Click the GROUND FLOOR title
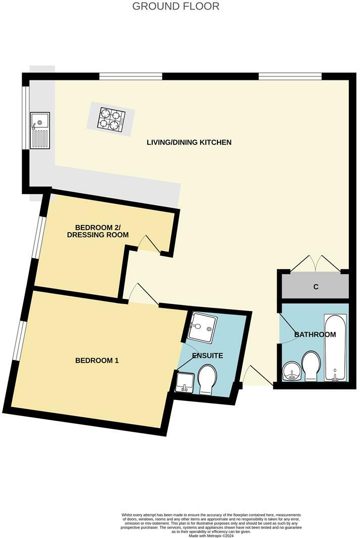(176, 7)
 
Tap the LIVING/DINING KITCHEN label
(189, 143)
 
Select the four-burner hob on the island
(111, 119)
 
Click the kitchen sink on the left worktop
(40, 130)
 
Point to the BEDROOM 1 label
(97, 361)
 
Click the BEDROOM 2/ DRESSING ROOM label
(102, 231)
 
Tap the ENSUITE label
(207, 355)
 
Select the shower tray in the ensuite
(203, 327)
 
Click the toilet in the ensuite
(206, 379)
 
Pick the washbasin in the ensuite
(185, 382)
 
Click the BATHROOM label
(315, 335)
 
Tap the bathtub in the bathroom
(335, 348)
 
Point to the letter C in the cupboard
(316, 287)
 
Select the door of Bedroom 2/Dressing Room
(149, 244)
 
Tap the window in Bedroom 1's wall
(18, 341)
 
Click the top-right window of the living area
(290, 76)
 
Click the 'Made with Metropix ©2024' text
(212, 535)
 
